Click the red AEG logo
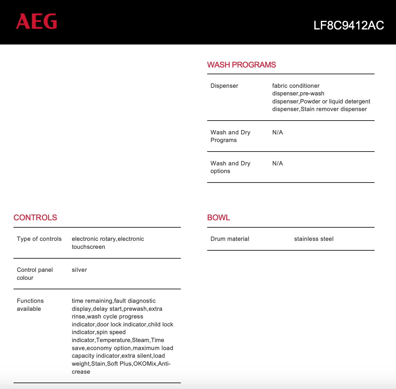coord(36,21)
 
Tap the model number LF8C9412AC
coord(348,25)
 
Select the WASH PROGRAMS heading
coord(241,65)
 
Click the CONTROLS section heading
coord(35,218)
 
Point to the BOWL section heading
coord(219,218)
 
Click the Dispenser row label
coord(224,86)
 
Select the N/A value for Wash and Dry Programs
coord(277,133)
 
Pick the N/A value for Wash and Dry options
coord(277,164)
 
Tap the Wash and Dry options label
coord(230,167)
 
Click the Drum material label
coord(230,239)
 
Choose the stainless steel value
coord(314,239)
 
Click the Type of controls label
coord(39,239)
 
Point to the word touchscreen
coord(88,247)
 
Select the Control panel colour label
coord(35,274)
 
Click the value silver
coord(79,270)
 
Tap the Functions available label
coord(30,305)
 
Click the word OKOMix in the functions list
coord(145,364)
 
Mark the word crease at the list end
coord(81,372)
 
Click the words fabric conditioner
coord(296,86)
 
